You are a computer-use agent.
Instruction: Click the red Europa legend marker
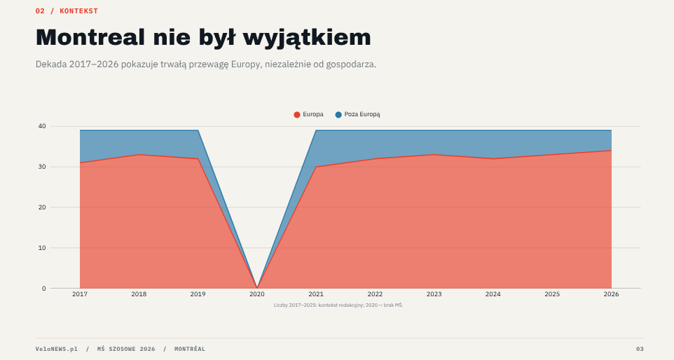coord(296,115)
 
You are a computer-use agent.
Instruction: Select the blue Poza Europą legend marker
coord(338,115)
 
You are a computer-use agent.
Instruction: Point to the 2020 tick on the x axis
coord(257,294)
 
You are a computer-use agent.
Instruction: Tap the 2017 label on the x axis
coord(80,294)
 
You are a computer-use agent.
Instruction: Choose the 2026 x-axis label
coord(611,294)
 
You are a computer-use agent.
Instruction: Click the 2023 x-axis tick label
coord(434,294)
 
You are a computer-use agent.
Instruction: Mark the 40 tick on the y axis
coord(42,126)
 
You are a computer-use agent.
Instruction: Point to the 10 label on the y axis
coord(42,248)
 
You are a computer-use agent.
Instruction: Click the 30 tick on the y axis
coord(42,167)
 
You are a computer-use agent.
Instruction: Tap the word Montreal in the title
coord(90,37)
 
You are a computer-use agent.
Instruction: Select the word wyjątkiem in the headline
coord(307,38)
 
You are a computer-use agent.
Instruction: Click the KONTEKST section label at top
coord(78,11)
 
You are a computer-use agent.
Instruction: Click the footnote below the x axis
coord(338,305)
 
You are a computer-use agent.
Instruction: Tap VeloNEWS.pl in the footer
coord(57,349)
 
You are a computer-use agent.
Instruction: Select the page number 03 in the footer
coord(640,349)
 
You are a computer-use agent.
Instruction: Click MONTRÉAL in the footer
coord(190,349)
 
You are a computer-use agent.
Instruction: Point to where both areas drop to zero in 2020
coord(257,288)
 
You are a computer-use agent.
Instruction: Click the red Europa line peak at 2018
coord(139,155)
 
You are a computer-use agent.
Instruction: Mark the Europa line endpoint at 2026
coord(611,151)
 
